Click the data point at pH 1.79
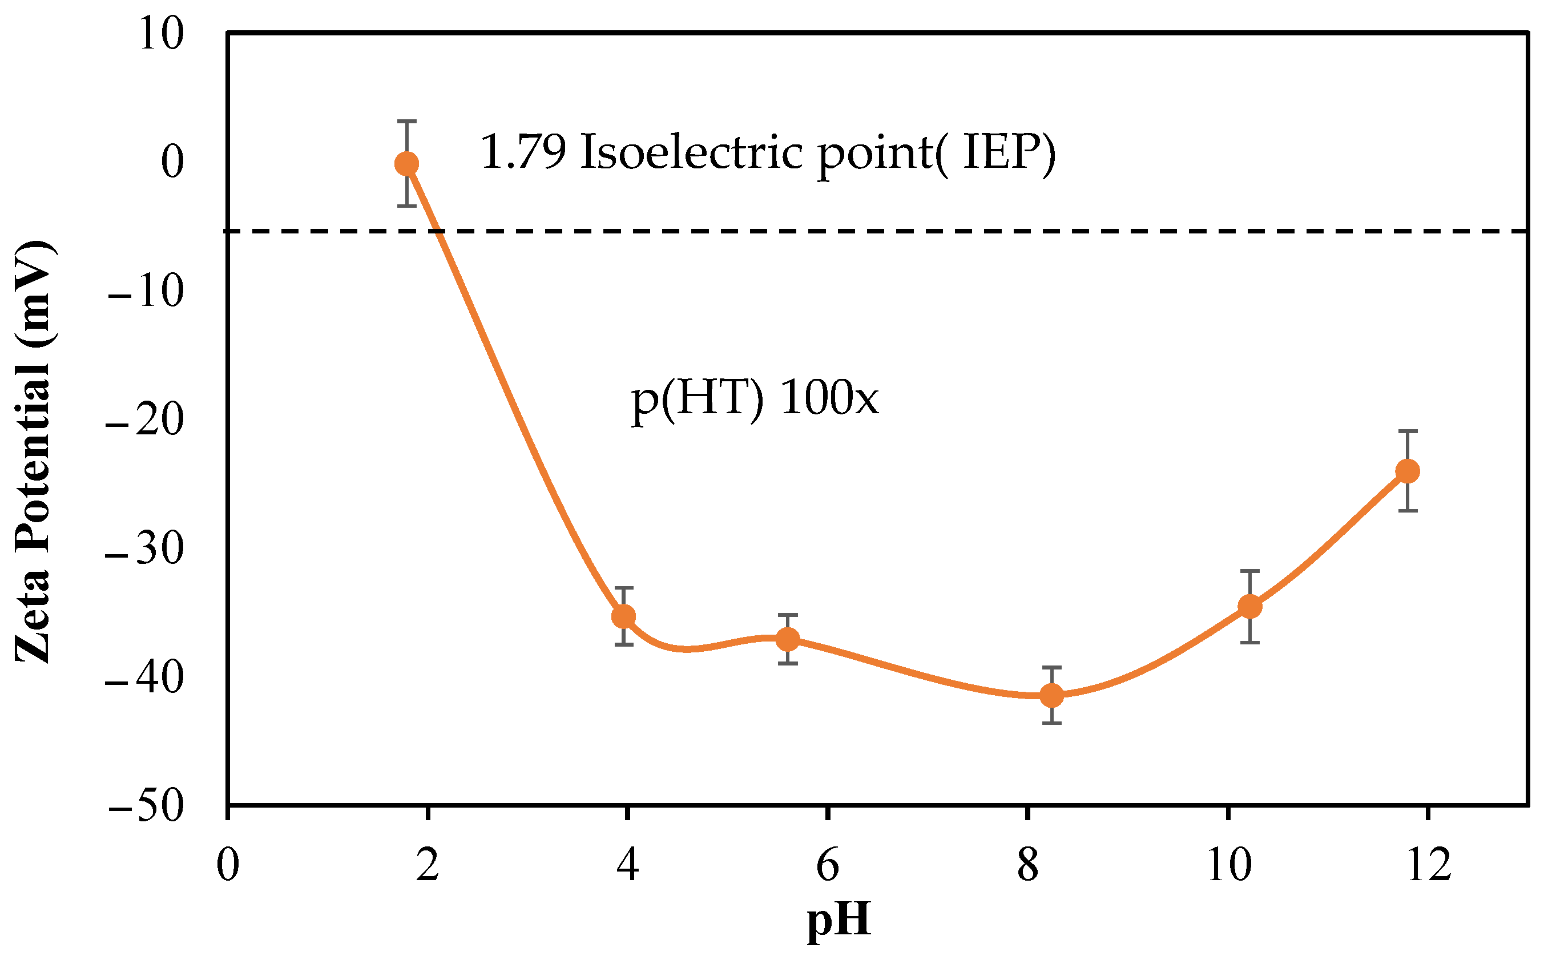pos(406,164)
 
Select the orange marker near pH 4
pos(623,616)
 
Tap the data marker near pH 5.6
pos(788,639)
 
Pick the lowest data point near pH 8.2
pos(1051,695)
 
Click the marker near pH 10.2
pos(1249,606)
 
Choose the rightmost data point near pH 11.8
pos(1408,471)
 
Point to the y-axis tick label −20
pos(145,420)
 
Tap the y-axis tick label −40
pos(145,677)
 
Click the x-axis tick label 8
pos(1027,865)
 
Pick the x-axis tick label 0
pos(227,865)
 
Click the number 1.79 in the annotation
pos(522,152)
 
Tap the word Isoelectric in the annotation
pos(691,152)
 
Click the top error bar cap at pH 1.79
pos(406,120)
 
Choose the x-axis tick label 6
pos(827,865)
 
